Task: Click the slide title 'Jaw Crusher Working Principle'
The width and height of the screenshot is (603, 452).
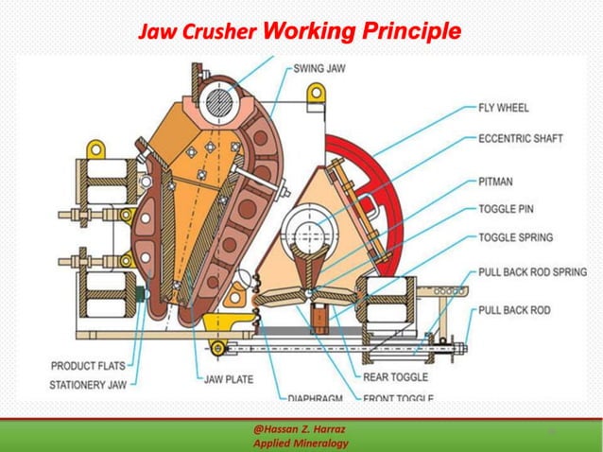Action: coord(300,32)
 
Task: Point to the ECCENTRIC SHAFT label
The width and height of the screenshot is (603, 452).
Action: coord(520,138)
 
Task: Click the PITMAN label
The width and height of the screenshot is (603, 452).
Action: coord(498,180)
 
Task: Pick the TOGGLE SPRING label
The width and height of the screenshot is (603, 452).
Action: coord(516,237)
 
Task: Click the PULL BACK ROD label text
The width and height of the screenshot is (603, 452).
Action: coord(515,309)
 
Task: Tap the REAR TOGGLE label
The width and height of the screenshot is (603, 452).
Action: coord(395,376)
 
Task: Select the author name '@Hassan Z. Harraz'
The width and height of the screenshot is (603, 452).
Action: coord(300,428)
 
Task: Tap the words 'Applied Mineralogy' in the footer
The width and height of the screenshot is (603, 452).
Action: coord(300,443)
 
